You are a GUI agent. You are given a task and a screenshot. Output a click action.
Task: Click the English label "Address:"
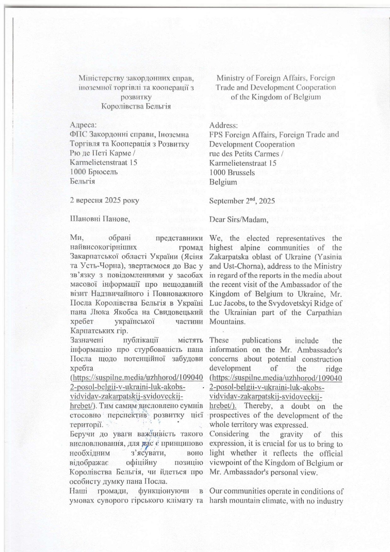coord(223,125)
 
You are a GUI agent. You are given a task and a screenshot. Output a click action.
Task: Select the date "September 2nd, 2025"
coord(242,201)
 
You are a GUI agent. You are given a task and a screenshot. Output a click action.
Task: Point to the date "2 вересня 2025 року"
coord(104,200)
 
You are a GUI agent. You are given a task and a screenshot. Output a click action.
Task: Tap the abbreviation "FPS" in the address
coord(216,135)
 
